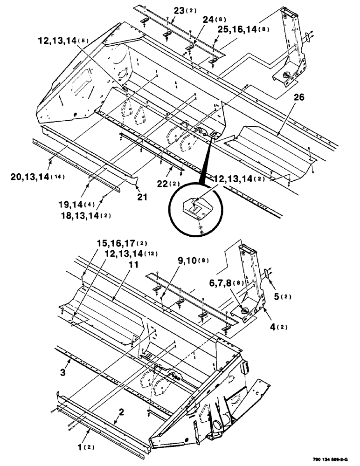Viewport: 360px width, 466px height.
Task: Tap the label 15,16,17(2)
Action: click(x=115, y=243)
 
